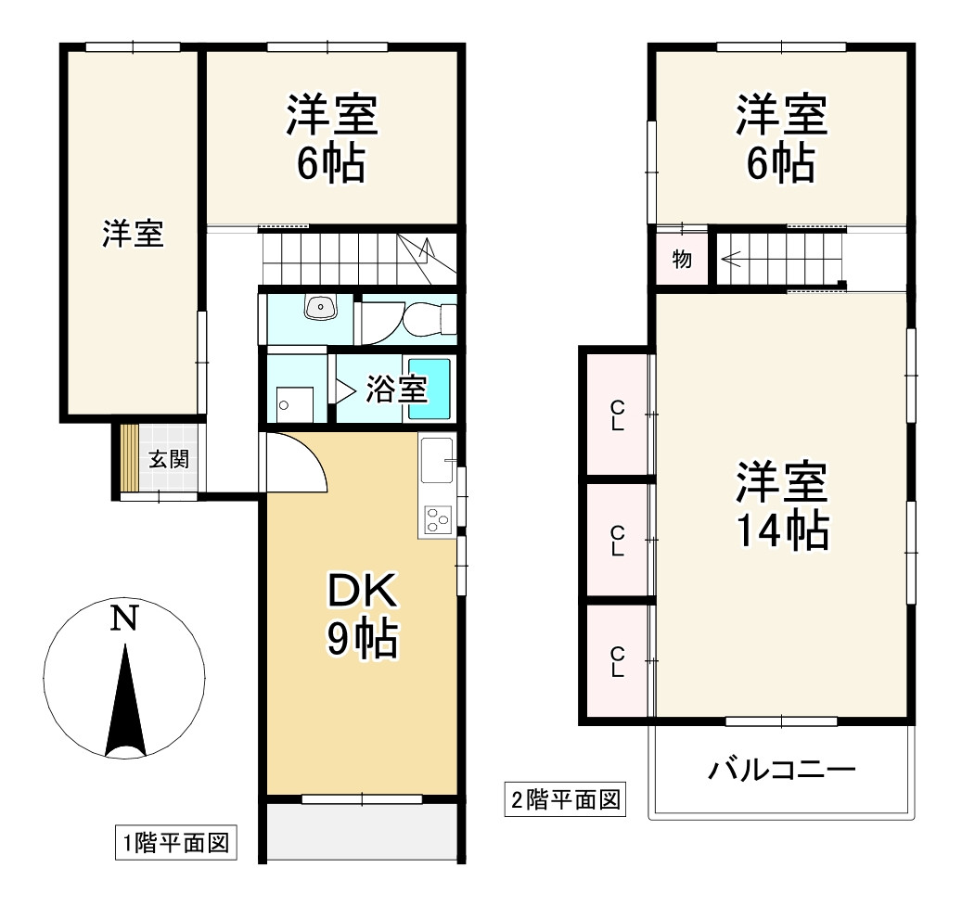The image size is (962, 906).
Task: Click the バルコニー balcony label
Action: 781,770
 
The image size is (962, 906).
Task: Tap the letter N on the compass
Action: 125,619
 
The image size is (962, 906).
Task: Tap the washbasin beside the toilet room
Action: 320,307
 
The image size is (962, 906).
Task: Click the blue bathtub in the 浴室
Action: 430,389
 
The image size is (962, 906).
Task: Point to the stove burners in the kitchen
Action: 436,520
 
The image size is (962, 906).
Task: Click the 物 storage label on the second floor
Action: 682,260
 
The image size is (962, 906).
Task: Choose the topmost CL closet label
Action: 617,414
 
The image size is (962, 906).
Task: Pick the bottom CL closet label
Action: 617,662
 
